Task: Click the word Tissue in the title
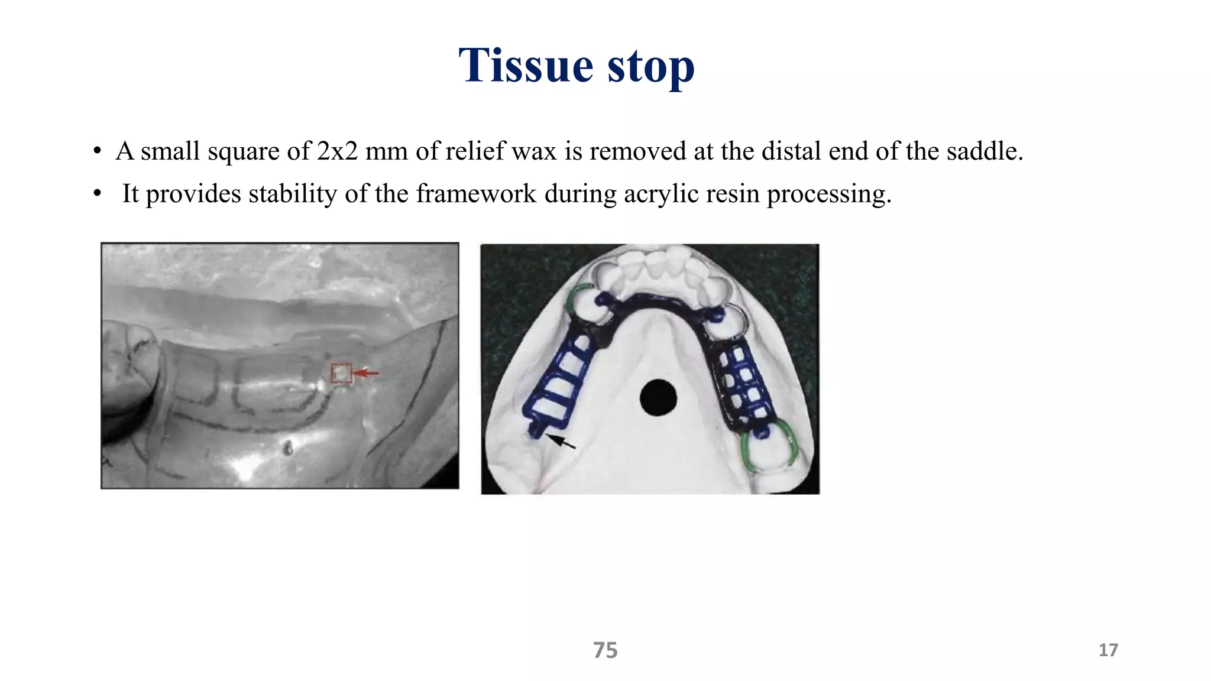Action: coord(526,65)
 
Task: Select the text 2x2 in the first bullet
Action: coord(337,151)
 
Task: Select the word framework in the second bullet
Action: coord(476,194)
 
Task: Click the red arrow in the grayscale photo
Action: coord(367,373)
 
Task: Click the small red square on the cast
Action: coord(341,374)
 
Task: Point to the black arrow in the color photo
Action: coord(560,441)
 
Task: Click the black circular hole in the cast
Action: coord(658,398)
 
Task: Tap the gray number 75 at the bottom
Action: coord(605,650)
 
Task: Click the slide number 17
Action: coord(1108,650)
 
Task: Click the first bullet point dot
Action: coord(97,151)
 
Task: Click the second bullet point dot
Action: coord(97,194)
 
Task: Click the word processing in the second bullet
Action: coord(828,194)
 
